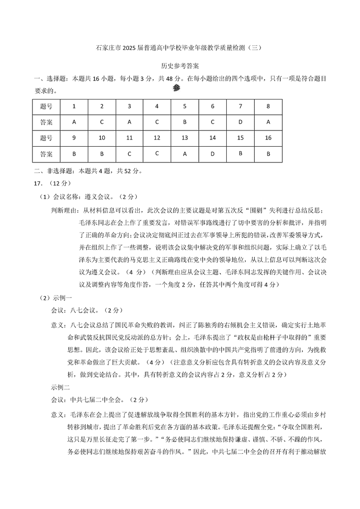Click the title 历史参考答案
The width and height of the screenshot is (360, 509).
[x=180, y=66]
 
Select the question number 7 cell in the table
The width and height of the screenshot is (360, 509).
[x=240, y=107]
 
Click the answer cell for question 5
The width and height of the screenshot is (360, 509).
[x=184, y=122]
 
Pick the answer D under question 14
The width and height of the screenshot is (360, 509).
[x=212, y=153]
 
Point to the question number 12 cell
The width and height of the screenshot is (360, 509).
[x=157, y=138]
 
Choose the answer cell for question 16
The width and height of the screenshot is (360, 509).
[x=268, y=153]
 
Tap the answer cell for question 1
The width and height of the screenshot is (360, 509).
[x=74, y=122]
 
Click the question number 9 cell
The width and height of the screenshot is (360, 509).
[x=74, y=138]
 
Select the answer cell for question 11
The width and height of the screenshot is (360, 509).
[x=129, y=153]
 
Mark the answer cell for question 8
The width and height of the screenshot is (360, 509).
[x=268, y=122]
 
